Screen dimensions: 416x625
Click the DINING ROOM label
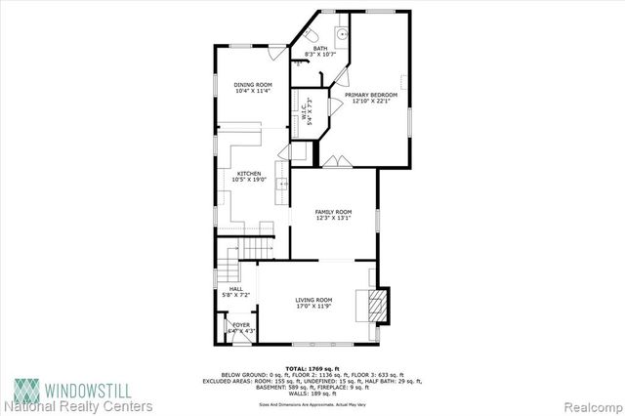click(252, 85)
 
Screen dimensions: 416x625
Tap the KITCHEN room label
click(247, 173)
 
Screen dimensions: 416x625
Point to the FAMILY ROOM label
click(332, 211)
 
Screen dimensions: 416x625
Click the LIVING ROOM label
click(314, 299)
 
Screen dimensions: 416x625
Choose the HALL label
click(236, 288)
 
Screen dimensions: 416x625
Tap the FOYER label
click(240, 323)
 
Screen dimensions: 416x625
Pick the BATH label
click(320, 48)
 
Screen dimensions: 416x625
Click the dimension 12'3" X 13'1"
click(332, 219)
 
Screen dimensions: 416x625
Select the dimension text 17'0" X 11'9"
click(314, 307)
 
